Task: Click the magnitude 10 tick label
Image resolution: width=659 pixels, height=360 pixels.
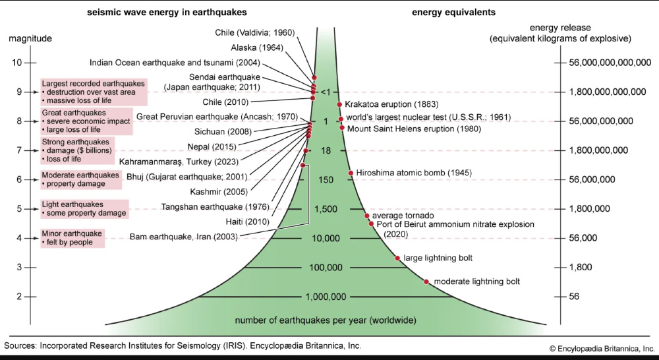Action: click(x=17, y=63)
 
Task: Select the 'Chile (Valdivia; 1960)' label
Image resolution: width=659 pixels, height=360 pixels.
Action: click(x=254, y=32)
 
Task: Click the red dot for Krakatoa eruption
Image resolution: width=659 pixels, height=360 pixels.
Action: click(x=339, y=104)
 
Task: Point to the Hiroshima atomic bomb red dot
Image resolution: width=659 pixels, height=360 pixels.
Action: click(x=351, y=173)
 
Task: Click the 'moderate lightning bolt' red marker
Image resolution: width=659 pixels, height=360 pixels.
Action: click(x=426, y=282)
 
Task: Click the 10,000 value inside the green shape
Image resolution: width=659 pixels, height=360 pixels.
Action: click(x=325, y=238)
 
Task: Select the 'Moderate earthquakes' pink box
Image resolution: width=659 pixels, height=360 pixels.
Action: click(x=82, y=179)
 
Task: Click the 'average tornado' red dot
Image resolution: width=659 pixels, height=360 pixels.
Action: click(x=367, y=216)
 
